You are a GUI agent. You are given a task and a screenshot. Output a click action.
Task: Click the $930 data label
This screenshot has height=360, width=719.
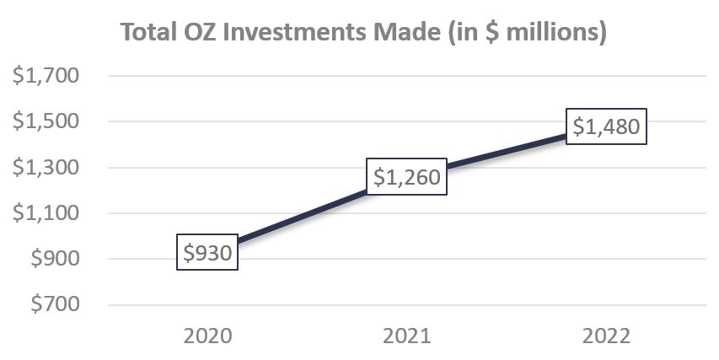point(207,252)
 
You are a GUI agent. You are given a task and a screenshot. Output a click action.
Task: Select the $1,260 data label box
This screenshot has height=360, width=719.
point(405,177)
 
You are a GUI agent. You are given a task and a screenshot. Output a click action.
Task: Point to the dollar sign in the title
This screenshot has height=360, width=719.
point(486,33)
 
